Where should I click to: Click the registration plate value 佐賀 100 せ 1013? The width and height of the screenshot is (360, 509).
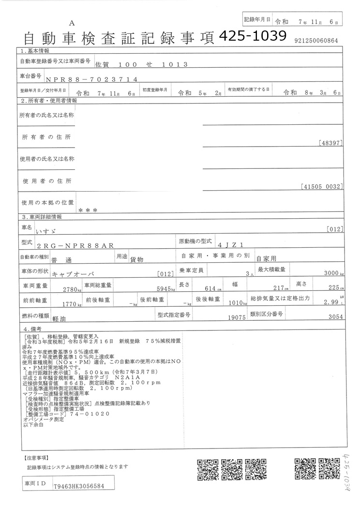pyautogui.click(x=138, y=64)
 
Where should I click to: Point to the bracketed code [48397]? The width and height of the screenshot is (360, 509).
pyautogui.click(x=331, y=143)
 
